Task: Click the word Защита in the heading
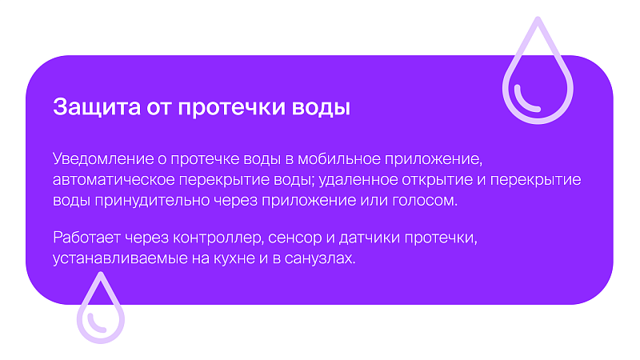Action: [x=97, y=107]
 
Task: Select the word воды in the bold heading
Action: [x=321, y=108]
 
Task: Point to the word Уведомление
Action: [x=103, y=158]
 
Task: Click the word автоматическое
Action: [x=114, y=179]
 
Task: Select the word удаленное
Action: [x=358, y=180]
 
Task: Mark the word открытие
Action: [x=438, y=180]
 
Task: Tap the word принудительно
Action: [x=152, y=201]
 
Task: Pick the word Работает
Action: [x=86, y=238]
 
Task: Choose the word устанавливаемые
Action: [x=120, y=258]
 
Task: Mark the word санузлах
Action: [x=319, y=258]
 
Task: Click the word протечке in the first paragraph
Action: [x=205, y=159]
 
